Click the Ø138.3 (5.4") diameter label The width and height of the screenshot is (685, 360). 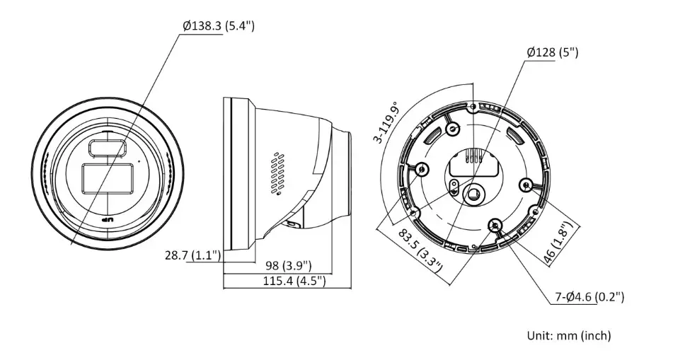(218, 25)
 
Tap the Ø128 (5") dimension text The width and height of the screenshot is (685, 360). (553, 52)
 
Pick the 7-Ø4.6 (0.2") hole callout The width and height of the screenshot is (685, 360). (589, 297)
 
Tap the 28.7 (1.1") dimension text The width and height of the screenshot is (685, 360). (192, 255)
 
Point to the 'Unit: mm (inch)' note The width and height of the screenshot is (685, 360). (568, 335)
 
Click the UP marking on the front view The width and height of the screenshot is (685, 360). (107, 221)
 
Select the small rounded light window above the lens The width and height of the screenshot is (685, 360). (106, 148)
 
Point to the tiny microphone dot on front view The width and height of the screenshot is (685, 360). (139, 162)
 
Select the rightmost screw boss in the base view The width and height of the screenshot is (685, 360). (526, 185)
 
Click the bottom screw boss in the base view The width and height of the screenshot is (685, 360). (495, 225)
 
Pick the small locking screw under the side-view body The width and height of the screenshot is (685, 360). (292, 224)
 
